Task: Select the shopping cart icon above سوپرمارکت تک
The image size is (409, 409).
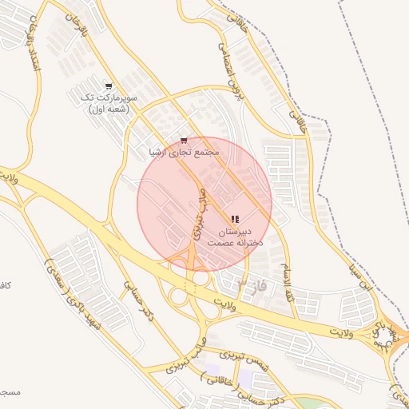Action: tap(109, 86)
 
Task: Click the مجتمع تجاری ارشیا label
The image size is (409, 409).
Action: tap(184, 151)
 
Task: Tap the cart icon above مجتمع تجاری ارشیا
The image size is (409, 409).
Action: tap(185, 139)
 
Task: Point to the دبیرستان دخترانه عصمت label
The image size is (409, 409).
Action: tap(233, 236)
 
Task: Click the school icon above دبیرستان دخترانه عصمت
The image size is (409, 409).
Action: tap(234, 219)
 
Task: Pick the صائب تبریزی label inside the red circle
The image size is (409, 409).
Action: tap(200, 216)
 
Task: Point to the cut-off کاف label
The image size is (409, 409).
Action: tap(5, 285)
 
